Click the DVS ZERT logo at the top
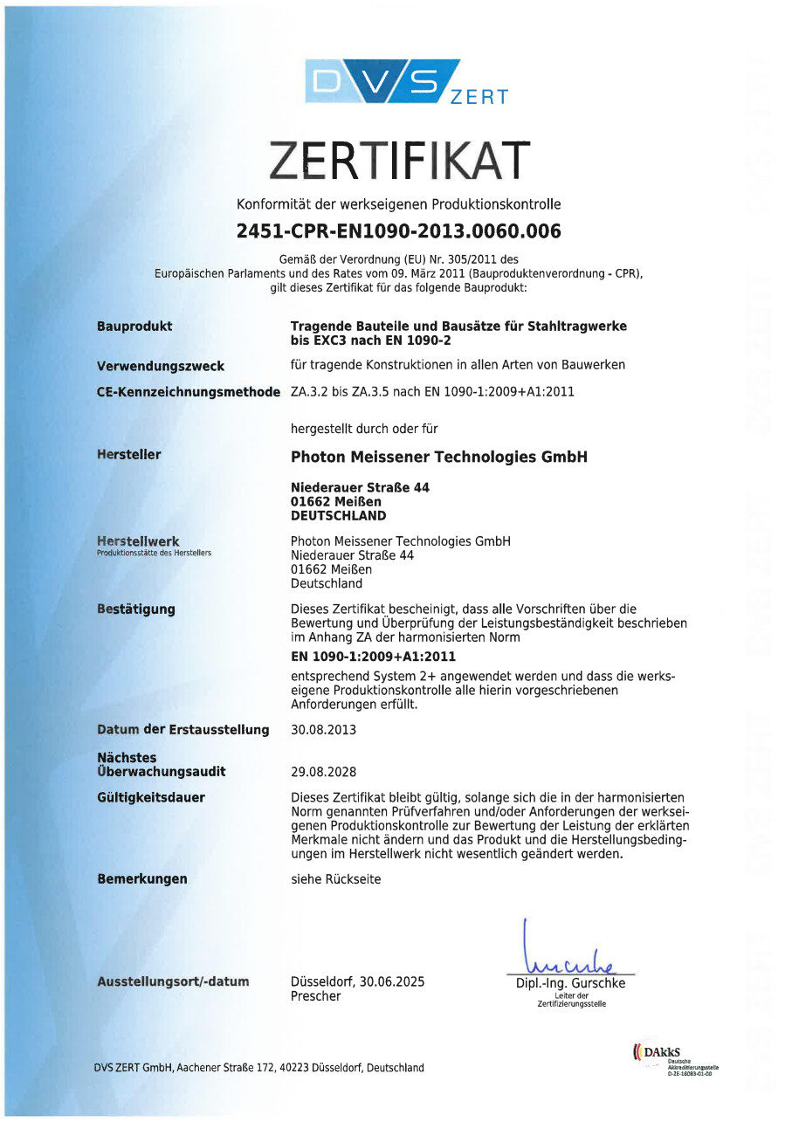(x=406, y=82)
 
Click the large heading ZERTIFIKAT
(x=398, y=160)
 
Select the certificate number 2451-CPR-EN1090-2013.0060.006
(x=398, y=231)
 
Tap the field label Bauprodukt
(x=134, y=326)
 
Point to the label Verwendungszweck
(x=161, y=366)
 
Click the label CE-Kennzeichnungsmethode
(x=189, y=391)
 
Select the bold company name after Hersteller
(x=438, y=457)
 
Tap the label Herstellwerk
(x=138, y=541)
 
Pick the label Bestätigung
(x=136, y=609)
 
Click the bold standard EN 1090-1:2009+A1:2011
(x=373, y=657)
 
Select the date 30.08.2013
(x=323, y=729)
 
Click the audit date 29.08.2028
(x=323, y=772)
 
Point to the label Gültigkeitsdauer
(x=151, y=797)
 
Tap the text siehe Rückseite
(x=335, y=879)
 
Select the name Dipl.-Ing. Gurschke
(x=571, y=983)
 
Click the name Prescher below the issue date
(x=316, y=995)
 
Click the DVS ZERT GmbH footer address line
(x=259, y=1067)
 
